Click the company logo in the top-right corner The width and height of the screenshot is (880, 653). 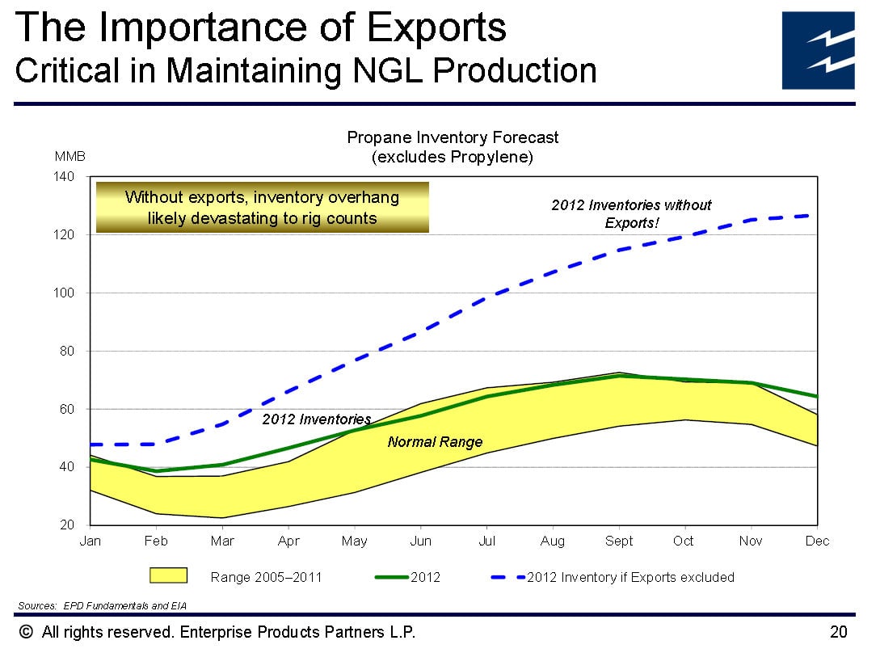819,50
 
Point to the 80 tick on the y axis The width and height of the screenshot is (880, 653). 67,352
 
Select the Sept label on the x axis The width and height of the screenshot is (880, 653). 619,541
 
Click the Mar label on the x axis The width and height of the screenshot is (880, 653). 222,541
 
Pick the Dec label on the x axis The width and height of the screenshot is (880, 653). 817,541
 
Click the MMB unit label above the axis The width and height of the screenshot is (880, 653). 69,157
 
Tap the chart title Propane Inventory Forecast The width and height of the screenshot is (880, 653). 453,137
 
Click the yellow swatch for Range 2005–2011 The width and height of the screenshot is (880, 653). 168,575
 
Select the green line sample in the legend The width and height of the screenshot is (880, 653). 392,576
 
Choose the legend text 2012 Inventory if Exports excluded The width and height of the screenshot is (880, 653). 630,577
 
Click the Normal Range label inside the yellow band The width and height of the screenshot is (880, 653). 435,442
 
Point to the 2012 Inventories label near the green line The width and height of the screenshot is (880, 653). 317,419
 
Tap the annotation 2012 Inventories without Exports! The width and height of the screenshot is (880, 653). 631,213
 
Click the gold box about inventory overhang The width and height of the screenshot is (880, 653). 262,208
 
